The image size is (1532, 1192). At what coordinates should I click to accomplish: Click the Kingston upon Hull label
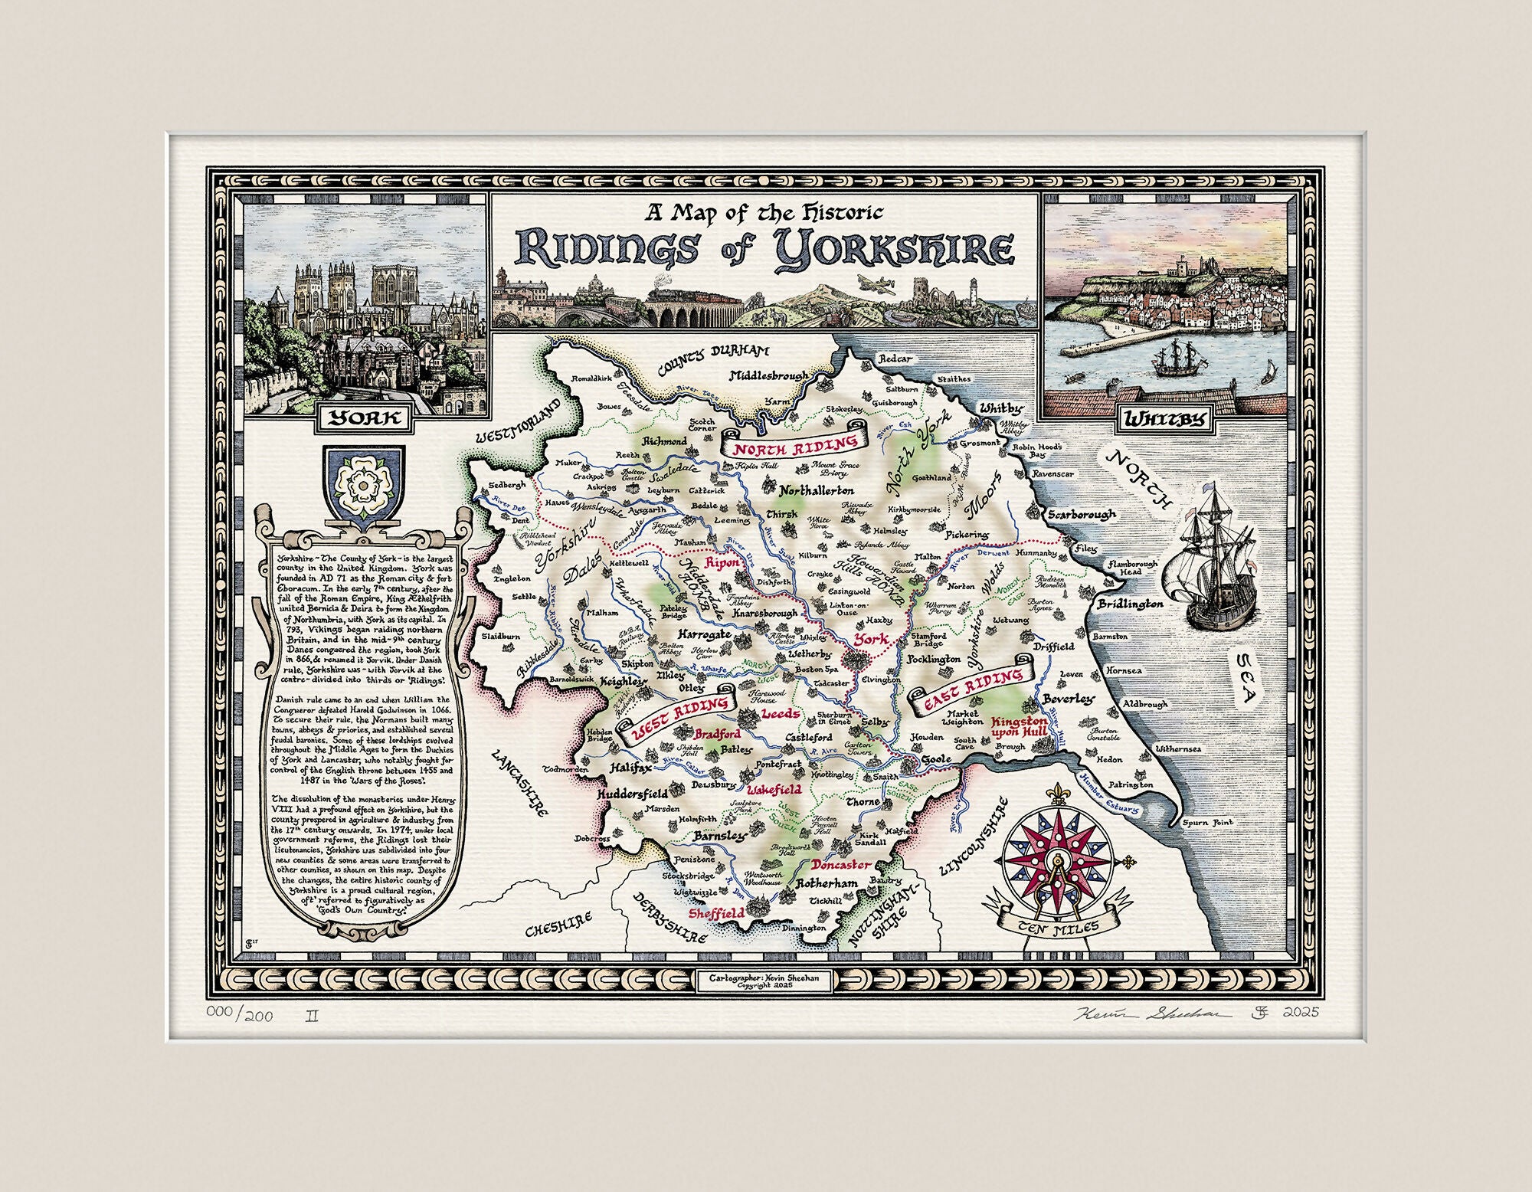[x=1019, y=727]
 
